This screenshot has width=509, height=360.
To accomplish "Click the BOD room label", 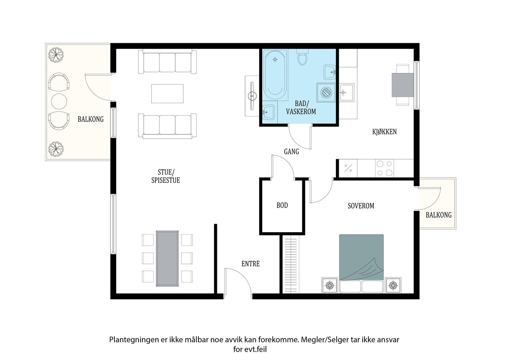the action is tap(282, 205).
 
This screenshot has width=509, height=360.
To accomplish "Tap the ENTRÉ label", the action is tap(250, 264).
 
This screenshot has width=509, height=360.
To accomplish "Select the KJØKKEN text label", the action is tap(385, 132).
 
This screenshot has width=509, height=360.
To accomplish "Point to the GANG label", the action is tap(291, 152).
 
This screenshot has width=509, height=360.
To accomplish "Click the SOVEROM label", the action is tap(361, 206).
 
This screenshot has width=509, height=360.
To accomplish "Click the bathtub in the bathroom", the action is tap(275, 75).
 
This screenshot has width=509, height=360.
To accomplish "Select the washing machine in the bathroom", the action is tap(326, 92).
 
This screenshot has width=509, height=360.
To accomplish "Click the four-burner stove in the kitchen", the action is tap(385, 168).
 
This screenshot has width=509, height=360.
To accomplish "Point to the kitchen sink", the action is tap(346, 92).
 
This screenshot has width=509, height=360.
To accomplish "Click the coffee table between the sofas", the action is tap(167, 94).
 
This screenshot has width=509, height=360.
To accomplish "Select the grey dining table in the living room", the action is tap(167, 258).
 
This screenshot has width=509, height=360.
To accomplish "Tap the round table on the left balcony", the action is tap(59, 102).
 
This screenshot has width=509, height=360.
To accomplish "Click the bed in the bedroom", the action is tap(361, 264).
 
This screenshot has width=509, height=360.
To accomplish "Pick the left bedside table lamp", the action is tap(330, 285).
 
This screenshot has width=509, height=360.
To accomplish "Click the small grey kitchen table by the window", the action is tap(403, 85).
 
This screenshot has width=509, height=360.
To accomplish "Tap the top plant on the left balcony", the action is tap(56, 54).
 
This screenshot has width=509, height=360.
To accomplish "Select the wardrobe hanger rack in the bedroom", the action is tap(291, 265).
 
